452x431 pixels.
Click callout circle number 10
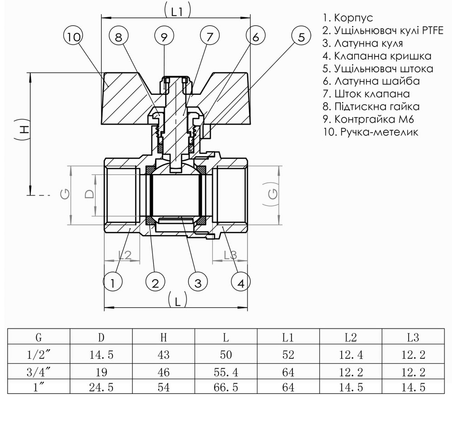tap(74, 37)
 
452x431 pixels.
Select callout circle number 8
tap(118, 37)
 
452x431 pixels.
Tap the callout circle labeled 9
tap(164, 37)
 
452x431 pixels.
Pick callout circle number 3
tap(198, 283)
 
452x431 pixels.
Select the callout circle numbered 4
tap(241, 283)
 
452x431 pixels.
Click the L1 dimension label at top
tap(177, 12)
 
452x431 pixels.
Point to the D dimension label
tap(90, 194)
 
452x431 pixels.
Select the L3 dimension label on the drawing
tap(231, 255)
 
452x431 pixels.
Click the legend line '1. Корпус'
tap(348, 18)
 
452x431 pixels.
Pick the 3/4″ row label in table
tap(38, 372)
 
